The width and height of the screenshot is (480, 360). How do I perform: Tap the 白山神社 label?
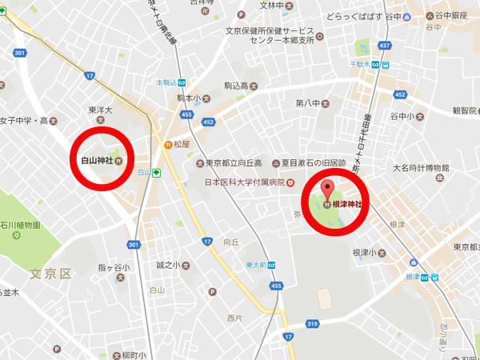[98, 160]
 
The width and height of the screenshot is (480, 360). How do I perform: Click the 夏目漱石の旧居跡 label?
[317, 163]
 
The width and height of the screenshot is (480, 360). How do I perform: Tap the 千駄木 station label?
[363, 64]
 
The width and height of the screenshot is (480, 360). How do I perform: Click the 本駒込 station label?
[166, 82]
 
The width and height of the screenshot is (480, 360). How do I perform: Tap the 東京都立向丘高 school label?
[234, 163]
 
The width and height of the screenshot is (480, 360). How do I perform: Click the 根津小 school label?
[363, 252]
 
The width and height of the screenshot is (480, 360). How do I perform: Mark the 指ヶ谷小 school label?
[110, 266]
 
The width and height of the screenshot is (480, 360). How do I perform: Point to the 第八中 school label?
[307, 102]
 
